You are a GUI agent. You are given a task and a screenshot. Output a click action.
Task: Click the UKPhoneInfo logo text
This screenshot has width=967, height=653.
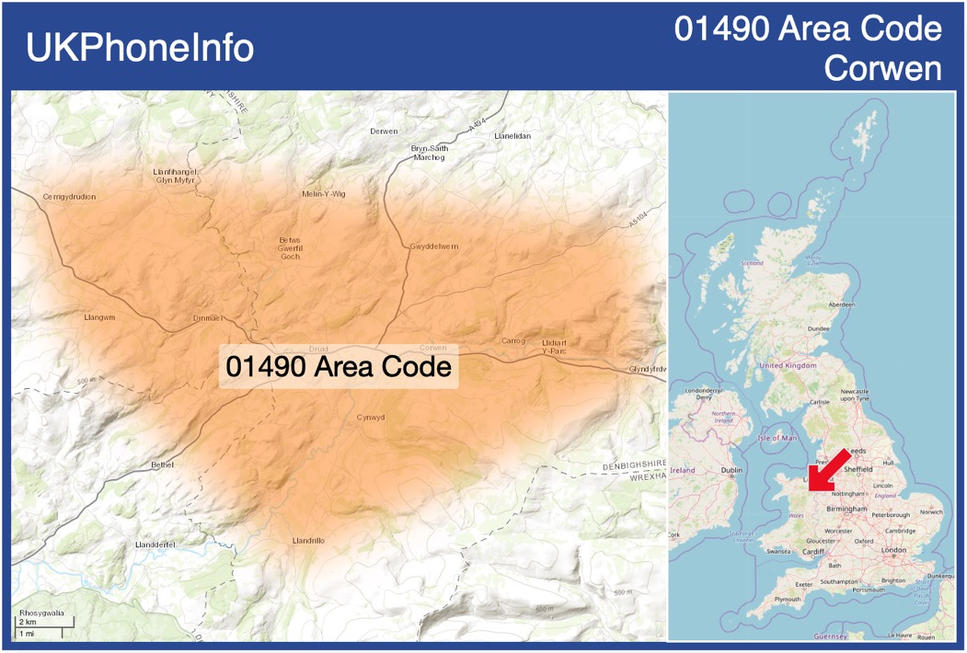point(140,48)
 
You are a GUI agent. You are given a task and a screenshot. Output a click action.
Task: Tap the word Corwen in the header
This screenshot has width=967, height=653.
point(883,69)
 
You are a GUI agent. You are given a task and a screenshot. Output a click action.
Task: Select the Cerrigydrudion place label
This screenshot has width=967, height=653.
point(69,197)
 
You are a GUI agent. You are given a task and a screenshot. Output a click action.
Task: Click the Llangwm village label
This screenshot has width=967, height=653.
point(99,317)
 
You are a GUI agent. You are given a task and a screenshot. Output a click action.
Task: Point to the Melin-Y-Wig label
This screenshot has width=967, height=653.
point(324,194)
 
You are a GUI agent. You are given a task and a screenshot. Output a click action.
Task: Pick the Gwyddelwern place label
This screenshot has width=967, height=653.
point(434,246)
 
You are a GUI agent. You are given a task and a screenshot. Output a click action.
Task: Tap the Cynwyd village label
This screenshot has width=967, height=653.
point(371,418)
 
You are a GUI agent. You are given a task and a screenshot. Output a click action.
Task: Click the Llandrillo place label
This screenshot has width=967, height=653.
point(307,541)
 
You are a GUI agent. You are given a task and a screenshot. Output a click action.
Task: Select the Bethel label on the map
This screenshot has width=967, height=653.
point(162,465)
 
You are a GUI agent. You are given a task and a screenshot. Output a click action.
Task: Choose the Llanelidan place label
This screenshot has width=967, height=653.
point(512,136)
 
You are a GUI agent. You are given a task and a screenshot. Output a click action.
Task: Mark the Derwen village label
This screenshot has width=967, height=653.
point(384,132)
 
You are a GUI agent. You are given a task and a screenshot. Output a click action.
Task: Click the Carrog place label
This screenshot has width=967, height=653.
point(512,341)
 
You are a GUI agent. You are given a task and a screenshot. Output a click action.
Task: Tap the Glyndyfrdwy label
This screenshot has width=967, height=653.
point(647,369)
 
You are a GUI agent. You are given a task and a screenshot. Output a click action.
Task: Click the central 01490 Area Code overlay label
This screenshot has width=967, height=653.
point(339,367)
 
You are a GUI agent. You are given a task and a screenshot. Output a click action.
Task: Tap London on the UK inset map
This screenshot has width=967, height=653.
point(893,550)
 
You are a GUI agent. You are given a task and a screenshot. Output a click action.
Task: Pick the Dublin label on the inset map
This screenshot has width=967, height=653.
point(731,470)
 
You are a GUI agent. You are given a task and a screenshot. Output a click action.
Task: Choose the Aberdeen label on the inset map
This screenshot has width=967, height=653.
point(841,304)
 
